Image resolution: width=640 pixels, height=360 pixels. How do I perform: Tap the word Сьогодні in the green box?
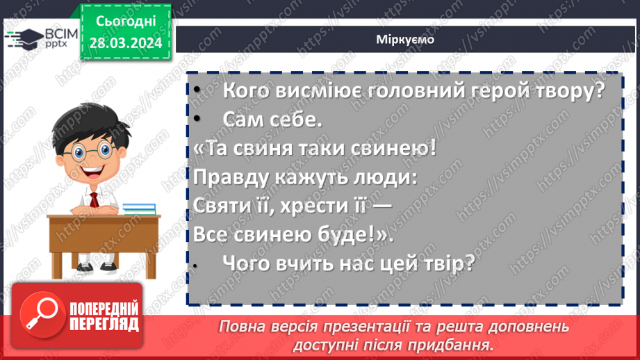125,22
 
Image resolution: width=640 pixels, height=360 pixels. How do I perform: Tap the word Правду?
231,177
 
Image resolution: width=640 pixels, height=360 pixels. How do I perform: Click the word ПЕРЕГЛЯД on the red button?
104,324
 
